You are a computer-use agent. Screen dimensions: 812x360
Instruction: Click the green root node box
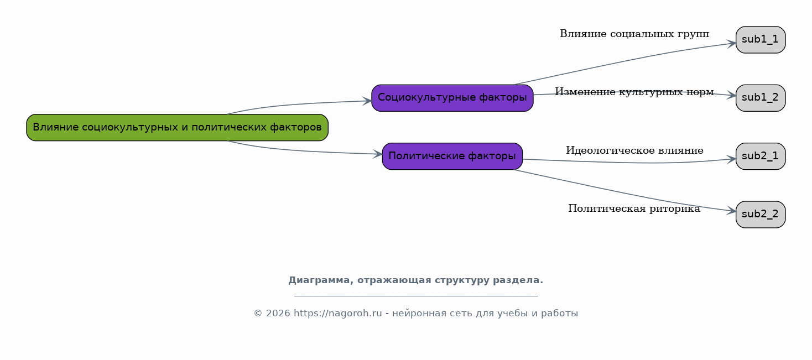tap(177, 128)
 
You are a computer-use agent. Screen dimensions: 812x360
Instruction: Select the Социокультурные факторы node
tap(452, 98)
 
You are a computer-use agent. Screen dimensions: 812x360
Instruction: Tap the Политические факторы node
tap(452, 156)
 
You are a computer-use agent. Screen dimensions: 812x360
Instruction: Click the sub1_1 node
tap(761, 40)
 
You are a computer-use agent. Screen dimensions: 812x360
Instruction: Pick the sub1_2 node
tap(761, 98)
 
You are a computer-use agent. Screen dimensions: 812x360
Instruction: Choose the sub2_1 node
tap(761, 156)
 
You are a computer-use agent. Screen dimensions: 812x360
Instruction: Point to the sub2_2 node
tap(761, 215)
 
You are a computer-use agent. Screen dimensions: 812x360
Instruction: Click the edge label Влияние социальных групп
tap(634, 34)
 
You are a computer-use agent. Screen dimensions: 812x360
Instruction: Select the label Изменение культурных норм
tap(634, 92)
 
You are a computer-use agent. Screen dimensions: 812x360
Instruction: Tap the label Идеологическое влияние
tap(635, 150)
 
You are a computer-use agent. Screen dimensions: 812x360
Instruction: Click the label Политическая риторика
tap(634, 209)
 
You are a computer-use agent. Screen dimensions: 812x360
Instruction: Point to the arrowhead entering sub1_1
tap(732, 44)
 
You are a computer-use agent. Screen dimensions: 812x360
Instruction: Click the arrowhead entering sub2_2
tap(732, 211)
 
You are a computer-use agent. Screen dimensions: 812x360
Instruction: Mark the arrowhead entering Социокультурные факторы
tap(367, 101)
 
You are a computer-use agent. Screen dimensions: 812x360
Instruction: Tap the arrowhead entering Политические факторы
tap(378, 154)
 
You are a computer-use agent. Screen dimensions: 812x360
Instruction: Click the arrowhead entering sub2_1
tap(732, 159)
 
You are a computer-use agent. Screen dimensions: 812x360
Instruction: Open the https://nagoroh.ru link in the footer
tap(338, 313)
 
